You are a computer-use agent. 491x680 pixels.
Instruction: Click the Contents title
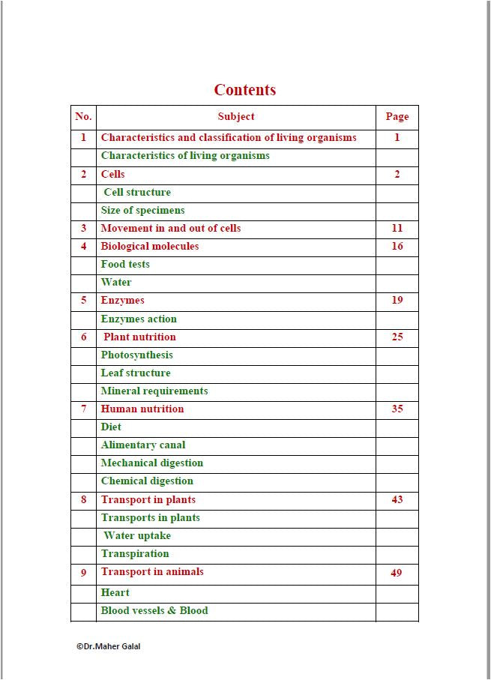pyautogui.click(x=245, y=90)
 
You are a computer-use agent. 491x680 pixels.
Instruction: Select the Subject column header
pyautogui.click(x=236, y=116)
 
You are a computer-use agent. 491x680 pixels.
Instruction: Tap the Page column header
pyautogui.click(x=397, y=116)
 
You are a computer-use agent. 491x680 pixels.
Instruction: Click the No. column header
pyautogui.click(x=83, y=116)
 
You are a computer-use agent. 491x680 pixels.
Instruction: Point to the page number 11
pyautogui.click(x=397, y=228)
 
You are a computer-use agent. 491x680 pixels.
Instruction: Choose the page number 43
pyautogui.click(x=397, y=499)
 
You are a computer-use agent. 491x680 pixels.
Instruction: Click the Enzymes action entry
pyautogui.click(x=139, y=319)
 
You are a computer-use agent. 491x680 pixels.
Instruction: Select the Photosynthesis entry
pyautogui.click(x=137, y=355)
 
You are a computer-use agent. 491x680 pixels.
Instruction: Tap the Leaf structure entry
pyautogui.click(x=136, y=373)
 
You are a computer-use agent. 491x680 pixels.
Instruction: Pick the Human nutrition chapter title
pyautogui.click(x=142, y=409)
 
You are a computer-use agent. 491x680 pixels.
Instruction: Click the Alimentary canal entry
pyautogui.click(x=143, y=445)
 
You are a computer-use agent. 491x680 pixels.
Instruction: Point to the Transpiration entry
pyautogui.click(x=135, y=553)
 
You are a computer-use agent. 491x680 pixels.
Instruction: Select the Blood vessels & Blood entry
pyautogui.click(x=154, y=610)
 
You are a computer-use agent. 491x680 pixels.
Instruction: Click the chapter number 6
pyautogui.click(x=83, y=337)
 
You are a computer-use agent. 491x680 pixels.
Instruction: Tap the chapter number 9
pyautogui.click(x=83, y=572)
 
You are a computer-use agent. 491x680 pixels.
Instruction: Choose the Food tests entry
pyautogui.click(x=125, y=264)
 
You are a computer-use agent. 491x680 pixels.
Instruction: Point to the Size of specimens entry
pyautogui.click(x=142, y=210)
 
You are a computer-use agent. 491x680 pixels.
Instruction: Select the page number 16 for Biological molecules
pyautogui.click(x=397, y=246)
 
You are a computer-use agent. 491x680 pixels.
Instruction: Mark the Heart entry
pyautogui.click(x=115, y=592)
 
